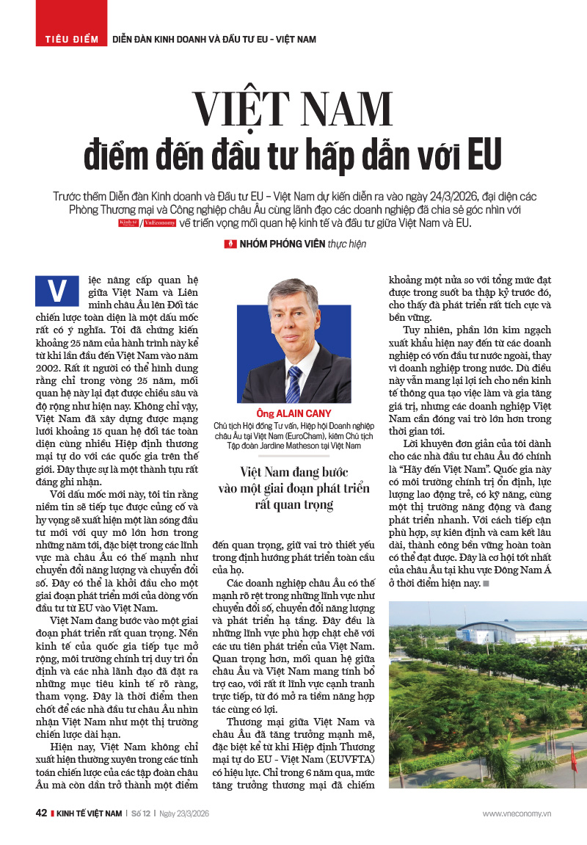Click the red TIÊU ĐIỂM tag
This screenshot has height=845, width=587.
71,38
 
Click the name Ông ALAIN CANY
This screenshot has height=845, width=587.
293,413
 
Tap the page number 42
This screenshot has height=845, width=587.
41,813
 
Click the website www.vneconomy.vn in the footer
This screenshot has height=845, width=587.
517,813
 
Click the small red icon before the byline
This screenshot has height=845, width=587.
230,244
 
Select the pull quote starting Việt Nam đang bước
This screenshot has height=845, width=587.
293,487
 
